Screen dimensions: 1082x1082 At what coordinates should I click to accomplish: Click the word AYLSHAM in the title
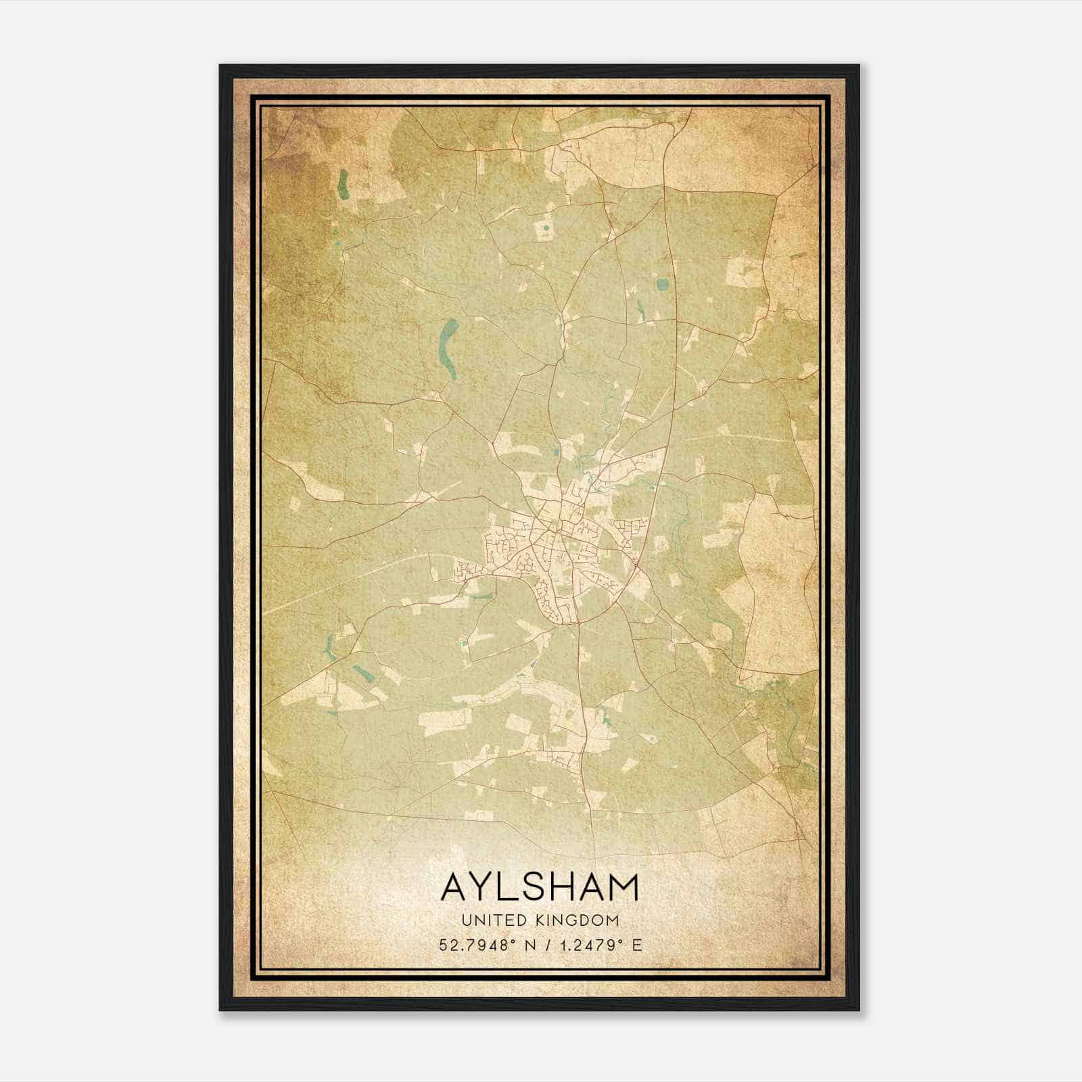[540, 887]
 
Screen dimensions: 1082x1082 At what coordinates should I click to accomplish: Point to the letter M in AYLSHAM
[623, 887]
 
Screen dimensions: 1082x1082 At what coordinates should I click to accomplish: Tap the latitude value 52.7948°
[477, 945]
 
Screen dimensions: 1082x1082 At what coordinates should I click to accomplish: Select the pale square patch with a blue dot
[544, 230]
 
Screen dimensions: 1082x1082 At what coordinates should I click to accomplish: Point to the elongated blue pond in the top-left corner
[344, 184]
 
